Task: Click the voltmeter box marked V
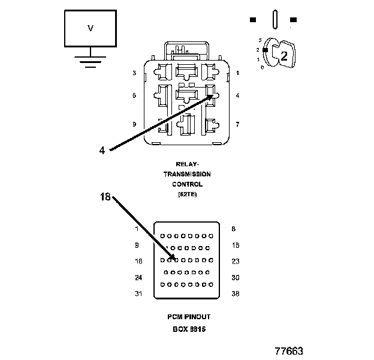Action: click(x=91, y=28)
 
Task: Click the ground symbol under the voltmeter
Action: click(x=91, y=61)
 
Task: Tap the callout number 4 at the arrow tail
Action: click(x=102, y=151)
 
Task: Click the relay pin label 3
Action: click(x=135, y=73)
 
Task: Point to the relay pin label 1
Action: click(x=238, y=73)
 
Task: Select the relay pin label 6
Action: click(x=135, y=95)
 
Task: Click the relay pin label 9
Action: click(x=135, y=124)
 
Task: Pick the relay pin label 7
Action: click(x=238, y=124)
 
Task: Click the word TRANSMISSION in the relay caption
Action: click(x=188, y=174)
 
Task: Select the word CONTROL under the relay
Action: click(x=188, y=184)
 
